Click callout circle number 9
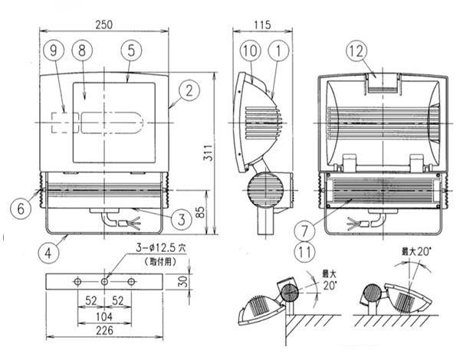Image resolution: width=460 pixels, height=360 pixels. pos(53,51)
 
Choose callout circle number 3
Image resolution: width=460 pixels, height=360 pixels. pos(179,220)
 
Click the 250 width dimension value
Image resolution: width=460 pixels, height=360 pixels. pos(104,24)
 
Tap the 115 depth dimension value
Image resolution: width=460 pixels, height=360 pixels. pos(262,24)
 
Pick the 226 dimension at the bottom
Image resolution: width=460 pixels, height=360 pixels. pos(105,331)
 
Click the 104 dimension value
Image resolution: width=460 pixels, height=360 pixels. pos(105,315)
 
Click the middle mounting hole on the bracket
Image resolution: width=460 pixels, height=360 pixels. pos(105,282)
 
